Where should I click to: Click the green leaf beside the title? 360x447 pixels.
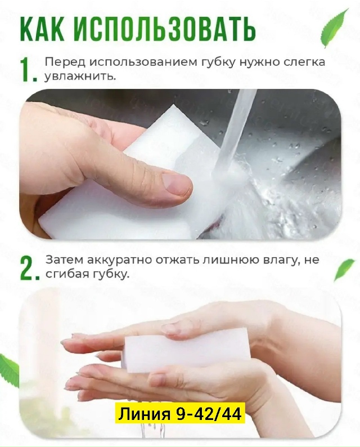pos(334,29)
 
